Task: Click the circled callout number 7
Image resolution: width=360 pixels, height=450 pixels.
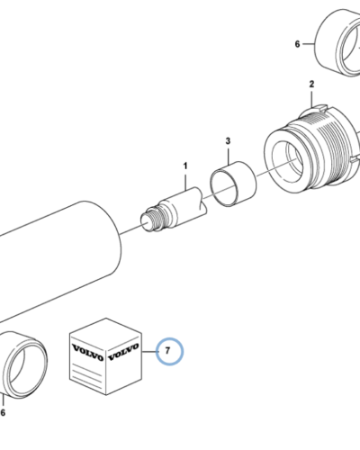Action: click(167, 350)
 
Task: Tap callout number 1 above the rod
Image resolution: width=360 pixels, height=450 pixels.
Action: click(185, 166)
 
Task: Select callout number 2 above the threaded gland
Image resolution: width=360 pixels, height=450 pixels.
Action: click(311, 84)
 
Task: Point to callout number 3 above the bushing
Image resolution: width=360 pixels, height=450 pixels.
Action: click(228, 140)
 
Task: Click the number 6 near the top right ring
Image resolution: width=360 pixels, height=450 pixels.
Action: click(297, 44)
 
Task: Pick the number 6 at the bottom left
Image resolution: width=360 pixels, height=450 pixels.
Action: click(3, 413)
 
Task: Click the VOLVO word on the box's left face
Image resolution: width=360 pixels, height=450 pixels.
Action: click(87, 353)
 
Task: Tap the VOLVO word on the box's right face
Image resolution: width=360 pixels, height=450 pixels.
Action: click(123, 352)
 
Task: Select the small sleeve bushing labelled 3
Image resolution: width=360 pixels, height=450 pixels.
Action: click(233, 184)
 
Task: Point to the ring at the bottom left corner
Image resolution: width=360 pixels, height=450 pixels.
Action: click(24, 364)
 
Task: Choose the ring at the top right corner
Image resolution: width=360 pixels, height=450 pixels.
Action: click(337, 42)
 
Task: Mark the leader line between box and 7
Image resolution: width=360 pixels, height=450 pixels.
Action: click(149, 351)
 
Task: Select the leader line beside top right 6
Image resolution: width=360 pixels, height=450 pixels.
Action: click(309, 44)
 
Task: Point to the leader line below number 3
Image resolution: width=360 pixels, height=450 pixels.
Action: click(229, 156)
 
